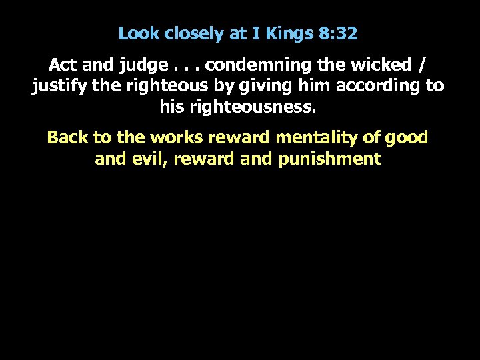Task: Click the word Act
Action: [x=62, y=66]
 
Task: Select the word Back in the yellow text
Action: [x=68, y=138]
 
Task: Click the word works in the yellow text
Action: [x=174, y=138]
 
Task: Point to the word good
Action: [x=408, y=138]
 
